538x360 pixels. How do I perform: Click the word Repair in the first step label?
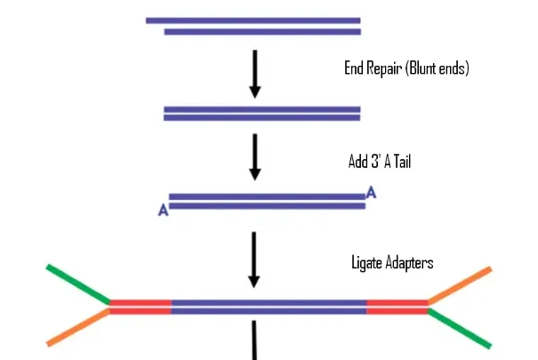tap(380, 68)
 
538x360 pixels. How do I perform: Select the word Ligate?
tap(366, 264)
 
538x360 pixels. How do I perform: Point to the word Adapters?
tap(409, 264)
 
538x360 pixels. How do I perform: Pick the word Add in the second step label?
tap(358, 164)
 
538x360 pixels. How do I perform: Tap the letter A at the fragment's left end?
tap(163, 211)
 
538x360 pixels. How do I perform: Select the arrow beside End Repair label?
tap(255, 73)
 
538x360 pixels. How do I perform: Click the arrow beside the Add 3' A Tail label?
tap(255, 156)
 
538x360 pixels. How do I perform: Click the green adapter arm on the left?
tap(78, 284)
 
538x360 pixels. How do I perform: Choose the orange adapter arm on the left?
tap(78, 328)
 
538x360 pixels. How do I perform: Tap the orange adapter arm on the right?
tap(460, 284)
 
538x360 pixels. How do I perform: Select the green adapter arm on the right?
tap(460, 328)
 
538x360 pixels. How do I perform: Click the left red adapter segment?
tap(141, 307)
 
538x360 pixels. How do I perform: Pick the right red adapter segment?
tap(397, 307)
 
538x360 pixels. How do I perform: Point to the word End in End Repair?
tap(352, 68)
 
